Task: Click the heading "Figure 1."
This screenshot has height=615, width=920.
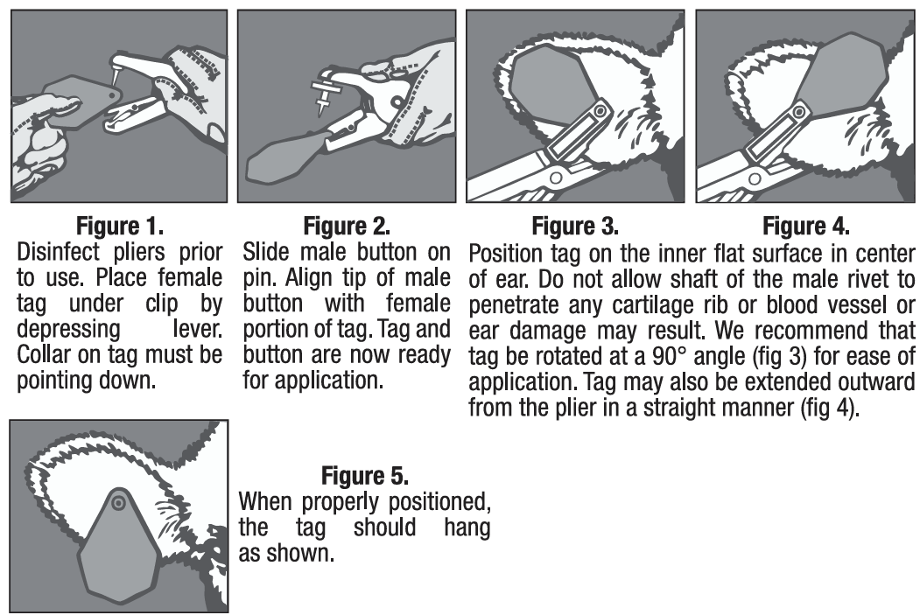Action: click(x=120, y=226)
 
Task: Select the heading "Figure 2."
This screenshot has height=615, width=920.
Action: click(x=347, y=226)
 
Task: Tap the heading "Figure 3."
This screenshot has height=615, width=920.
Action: click(x=575, y=226)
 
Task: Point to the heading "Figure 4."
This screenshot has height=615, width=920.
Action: click(x=805, y=226)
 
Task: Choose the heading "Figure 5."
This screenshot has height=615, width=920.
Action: click(x=365, y=475)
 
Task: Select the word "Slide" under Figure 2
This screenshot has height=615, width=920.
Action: click(x=266, y=252)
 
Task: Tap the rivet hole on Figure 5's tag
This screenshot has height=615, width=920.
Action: click(x=118, y=502)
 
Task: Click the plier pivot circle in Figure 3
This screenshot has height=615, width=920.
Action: click(x=555, y=177)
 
